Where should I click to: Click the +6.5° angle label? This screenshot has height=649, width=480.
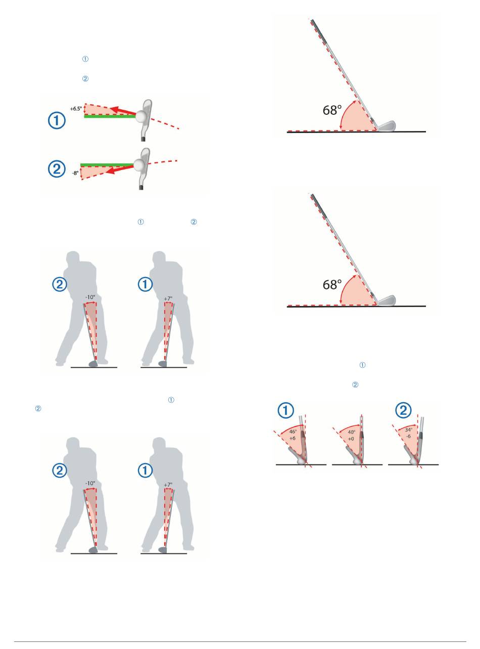coord(76,108)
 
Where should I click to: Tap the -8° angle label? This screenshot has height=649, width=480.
coord(75,172)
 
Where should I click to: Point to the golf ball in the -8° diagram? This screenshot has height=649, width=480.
coord(139,164)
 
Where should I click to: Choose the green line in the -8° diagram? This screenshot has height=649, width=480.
coord(107,165)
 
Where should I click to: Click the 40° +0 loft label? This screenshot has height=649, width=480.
coord(351,436)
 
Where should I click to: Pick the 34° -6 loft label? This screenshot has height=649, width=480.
coord(408,432)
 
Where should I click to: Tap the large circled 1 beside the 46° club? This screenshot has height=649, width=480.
coord(287,411)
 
